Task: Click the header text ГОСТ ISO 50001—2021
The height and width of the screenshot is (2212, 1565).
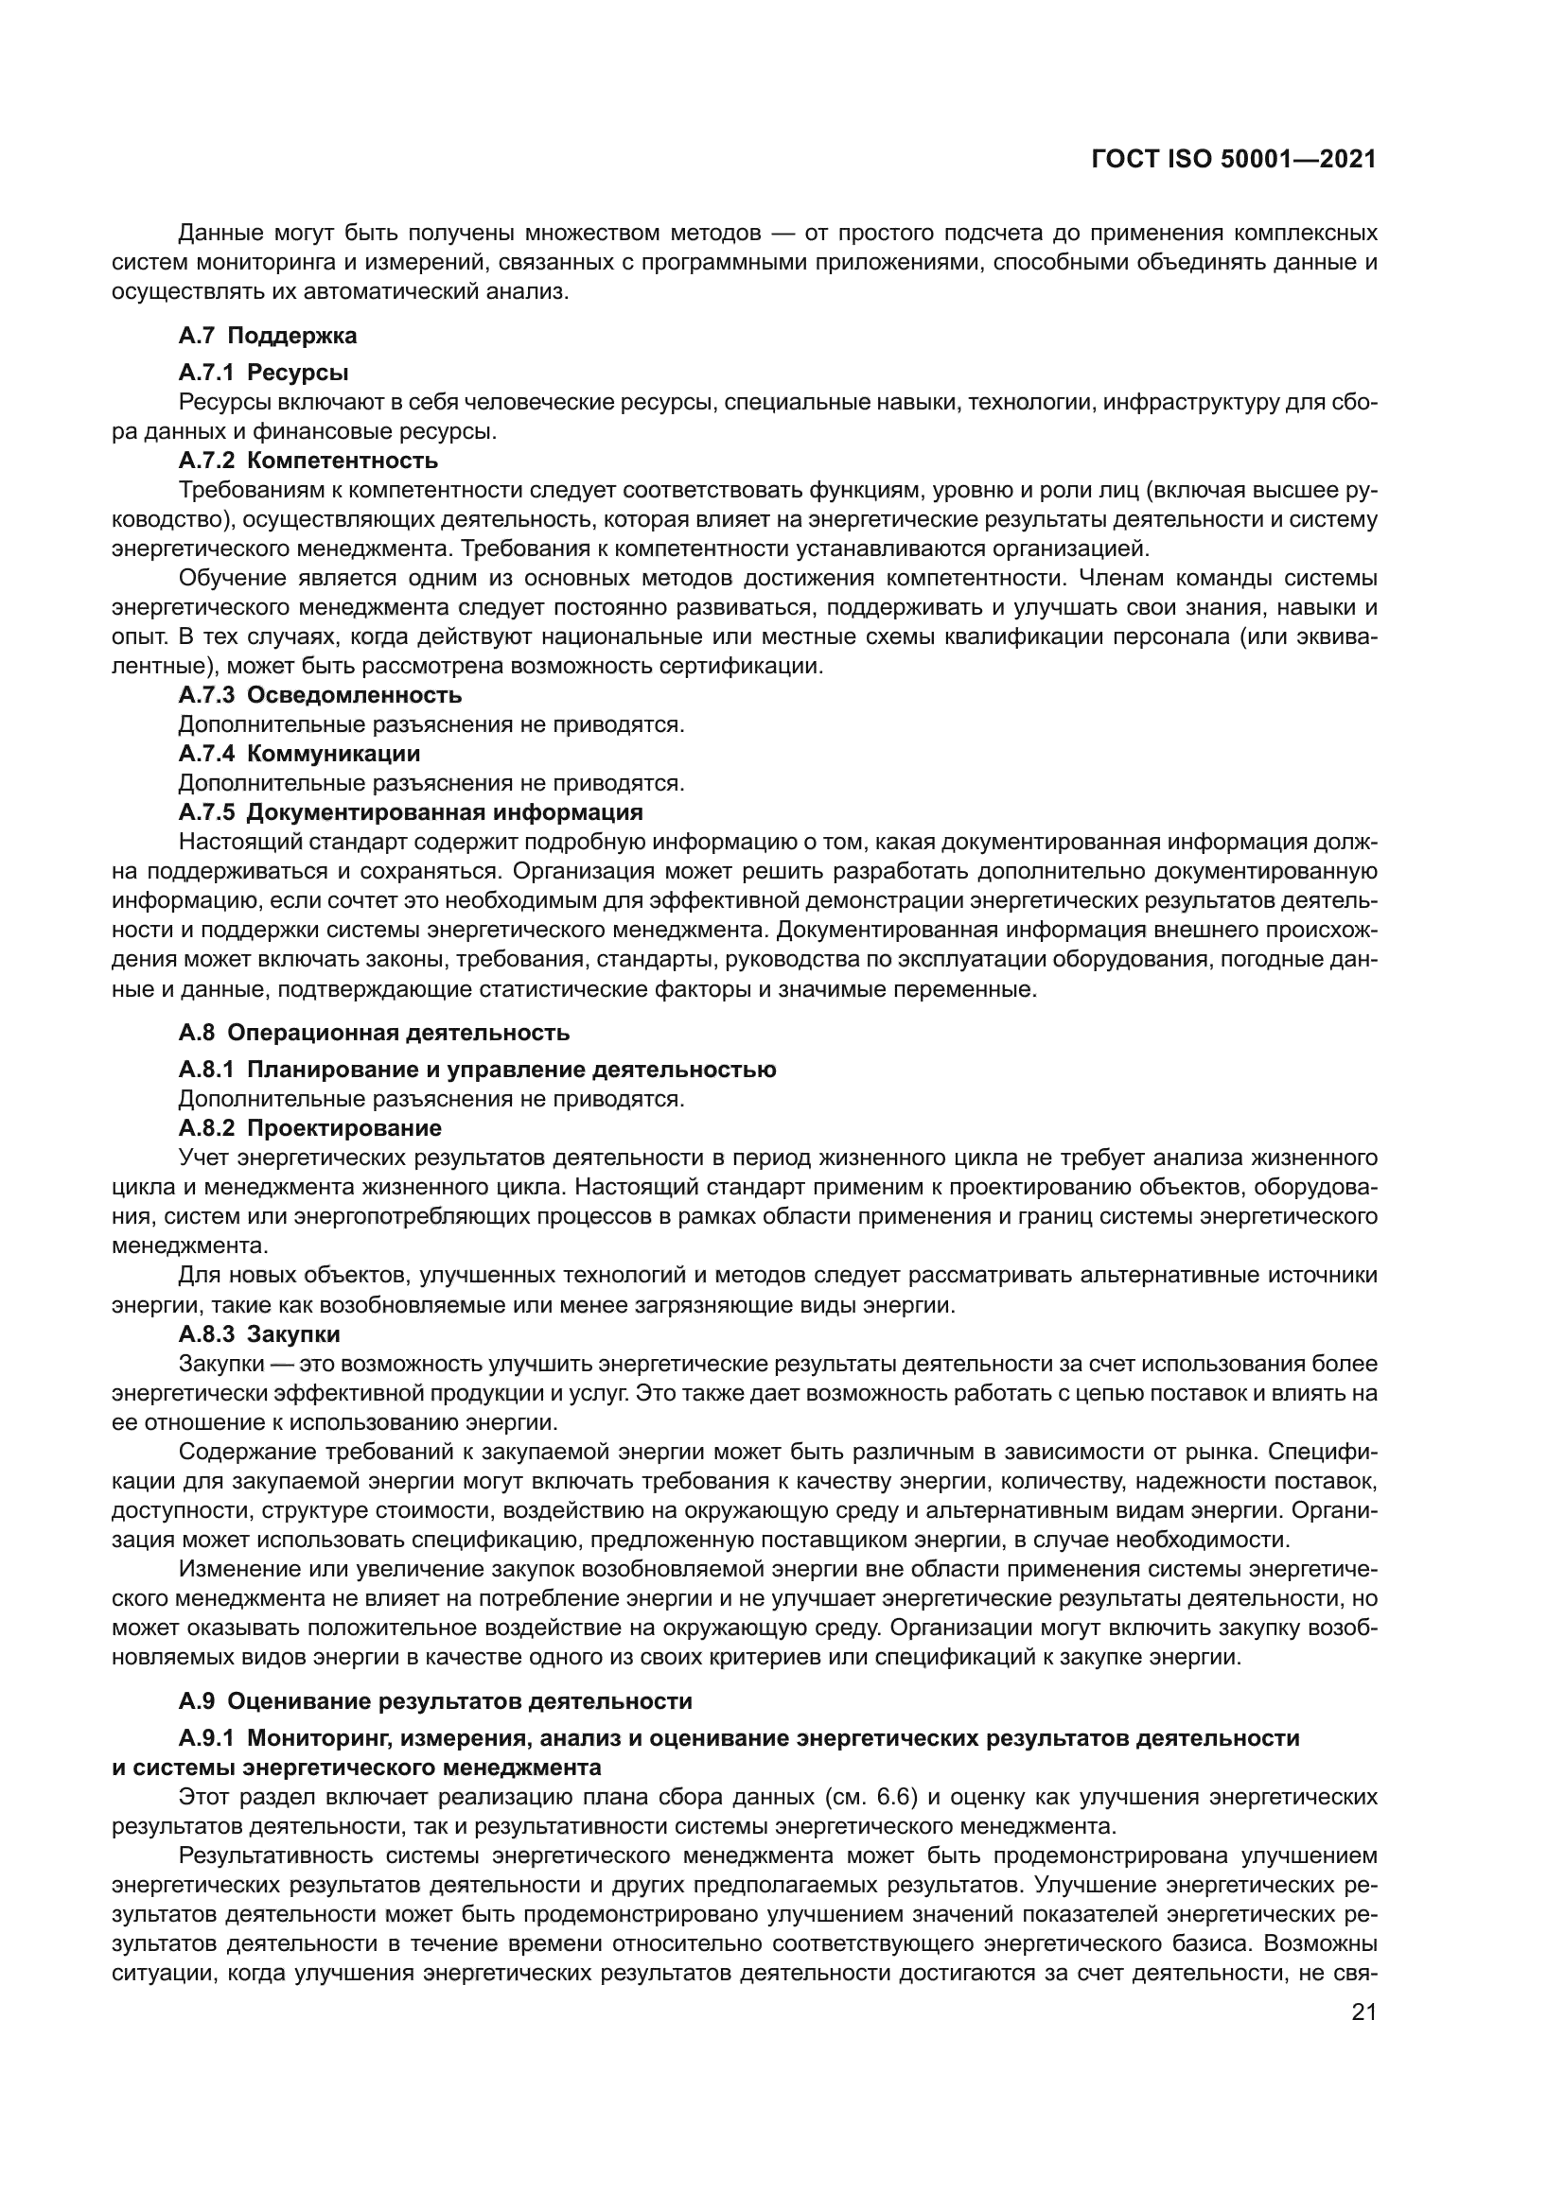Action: pyautogui.click(x=1234, y=160)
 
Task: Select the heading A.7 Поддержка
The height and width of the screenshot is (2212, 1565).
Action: pyautogui.click(x=267, y=336)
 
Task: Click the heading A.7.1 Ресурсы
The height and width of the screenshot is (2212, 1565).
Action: pyautogui.click(x=263, y=372)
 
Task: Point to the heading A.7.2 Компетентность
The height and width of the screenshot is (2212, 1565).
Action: pyautogui.click(x=308, y=460)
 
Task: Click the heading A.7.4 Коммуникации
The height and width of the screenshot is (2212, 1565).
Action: pyautogui.click(x=299, y=753)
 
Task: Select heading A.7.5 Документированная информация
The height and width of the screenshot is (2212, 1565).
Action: pyautogui.click(x=411, y=811)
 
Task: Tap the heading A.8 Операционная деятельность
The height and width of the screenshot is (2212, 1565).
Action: pyautogui.click(x=374, y=1033)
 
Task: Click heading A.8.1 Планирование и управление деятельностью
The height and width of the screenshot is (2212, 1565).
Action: pyautogui.click(x=477, y=1070)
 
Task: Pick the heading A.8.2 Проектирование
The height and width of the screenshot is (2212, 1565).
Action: pyautogui.click(x=309, y=1127)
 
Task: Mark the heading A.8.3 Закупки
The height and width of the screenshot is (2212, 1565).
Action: pyautogui.click(x=259, y=1334)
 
